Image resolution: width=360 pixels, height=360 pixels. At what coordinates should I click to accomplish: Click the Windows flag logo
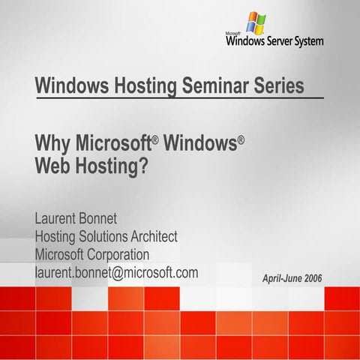click(255, 22)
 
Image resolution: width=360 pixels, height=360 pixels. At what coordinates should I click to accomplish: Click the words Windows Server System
click(274, 40)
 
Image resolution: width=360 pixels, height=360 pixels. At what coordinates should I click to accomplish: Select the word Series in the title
click(277, 85)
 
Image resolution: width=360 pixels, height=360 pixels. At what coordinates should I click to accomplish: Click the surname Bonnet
click(118, 219)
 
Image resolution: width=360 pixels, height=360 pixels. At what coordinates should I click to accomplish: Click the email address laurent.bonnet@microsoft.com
click(116, 273)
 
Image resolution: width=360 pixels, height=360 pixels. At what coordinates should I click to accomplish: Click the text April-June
click(279, 278)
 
